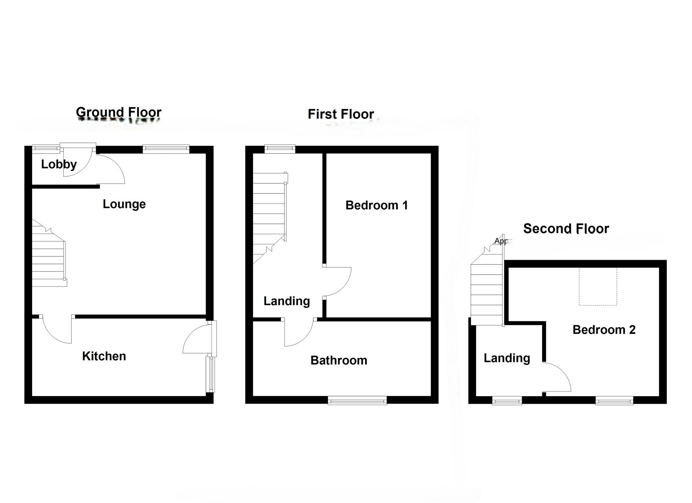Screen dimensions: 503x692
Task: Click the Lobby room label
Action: click(59, 164)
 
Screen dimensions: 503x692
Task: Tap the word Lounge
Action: click(124, 204)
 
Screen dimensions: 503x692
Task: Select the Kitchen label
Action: click(104, 356)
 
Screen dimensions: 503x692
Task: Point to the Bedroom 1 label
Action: click(376, 205)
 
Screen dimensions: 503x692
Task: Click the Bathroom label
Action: click(339, 360)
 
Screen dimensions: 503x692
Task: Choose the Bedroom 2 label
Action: click(604, 330)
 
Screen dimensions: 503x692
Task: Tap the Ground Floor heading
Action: click(119, 112)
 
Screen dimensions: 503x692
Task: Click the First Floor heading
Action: click(341, 114)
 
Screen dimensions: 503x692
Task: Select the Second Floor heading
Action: click(566, 229)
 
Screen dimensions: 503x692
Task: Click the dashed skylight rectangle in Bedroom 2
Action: click(598, 286)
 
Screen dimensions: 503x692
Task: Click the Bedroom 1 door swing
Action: click(337, 282)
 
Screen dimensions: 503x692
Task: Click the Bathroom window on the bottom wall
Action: click(357, 401)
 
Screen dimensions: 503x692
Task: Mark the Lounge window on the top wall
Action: click(166, 149)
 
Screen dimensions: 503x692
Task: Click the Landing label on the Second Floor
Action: click(507, 358)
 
